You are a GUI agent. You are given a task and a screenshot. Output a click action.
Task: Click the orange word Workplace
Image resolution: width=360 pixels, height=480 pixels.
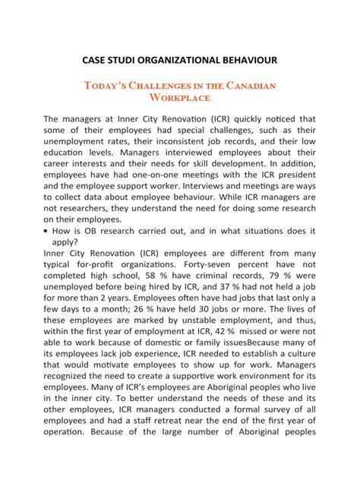coord(179,98)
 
